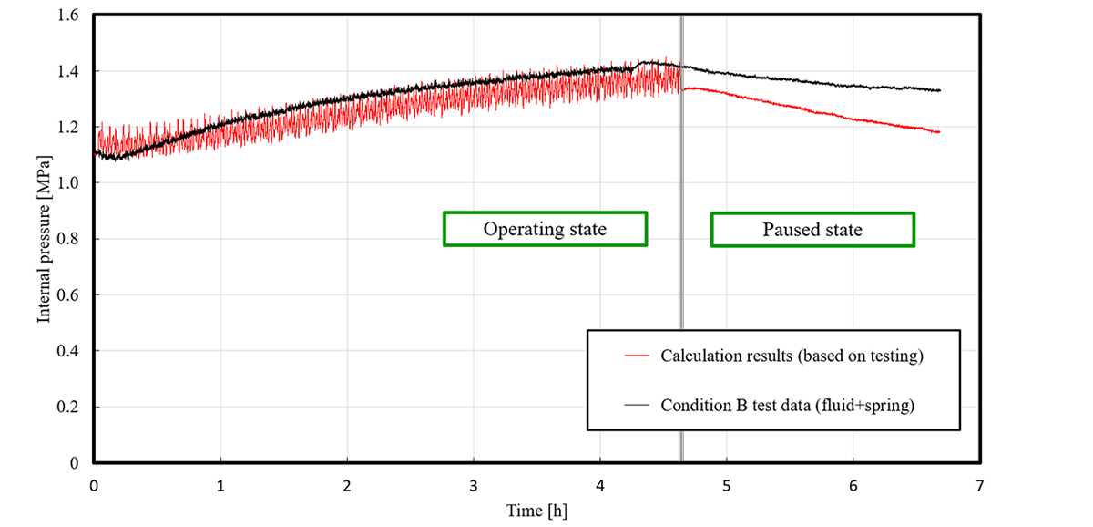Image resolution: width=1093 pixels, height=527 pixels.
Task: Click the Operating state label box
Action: coord(545,229)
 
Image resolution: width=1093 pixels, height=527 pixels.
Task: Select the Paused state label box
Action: coord(812,229)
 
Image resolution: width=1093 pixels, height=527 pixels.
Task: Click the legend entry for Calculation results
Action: coord(792,356)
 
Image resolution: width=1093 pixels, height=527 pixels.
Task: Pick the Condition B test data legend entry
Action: coord(787,405)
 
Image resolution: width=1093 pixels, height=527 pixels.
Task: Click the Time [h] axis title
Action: coord(536,511)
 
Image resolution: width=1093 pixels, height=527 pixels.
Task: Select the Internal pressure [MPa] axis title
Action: coord(43,239)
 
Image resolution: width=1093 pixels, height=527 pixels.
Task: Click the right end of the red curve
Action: coord(939,132)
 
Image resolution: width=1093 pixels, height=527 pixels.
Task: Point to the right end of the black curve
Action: coord(939,90)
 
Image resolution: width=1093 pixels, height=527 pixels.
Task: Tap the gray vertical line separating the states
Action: coord(680,274)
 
